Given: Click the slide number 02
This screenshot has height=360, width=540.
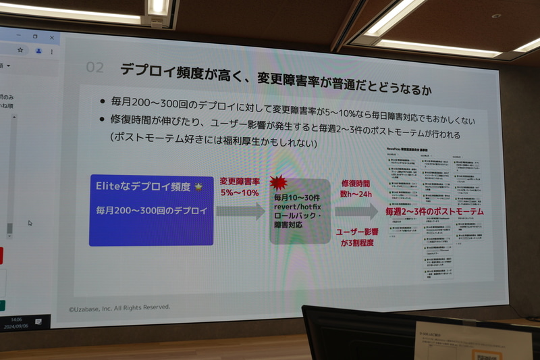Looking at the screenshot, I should (95, 68).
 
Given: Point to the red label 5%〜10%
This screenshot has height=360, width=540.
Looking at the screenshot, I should (239, 192).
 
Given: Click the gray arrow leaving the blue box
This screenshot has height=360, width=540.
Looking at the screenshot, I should (240, 211).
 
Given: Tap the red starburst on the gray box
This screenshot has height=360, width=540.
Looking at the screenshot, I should (277, 182).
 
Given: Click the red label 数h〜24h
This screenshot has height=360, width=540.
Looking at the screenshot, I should (356, 195).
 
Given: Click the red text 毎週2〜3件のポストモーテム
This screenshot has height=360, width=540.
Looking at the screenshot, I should (434, 212).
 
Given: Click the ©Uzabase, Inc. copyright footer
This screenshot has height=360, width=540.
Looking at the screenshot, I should (119, 307).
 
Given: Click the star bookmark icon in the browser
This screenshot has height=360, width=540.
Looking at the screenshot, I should (21, 50).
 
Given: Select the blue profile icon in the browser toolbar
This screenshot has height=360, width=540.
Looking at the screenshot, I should (39, 51).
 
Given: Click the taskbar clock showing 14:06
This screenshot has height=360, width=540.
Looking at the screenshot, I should (16, 319).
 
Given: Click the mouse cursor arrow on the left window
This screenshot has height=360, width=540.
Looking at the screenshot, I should (30, 223).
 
